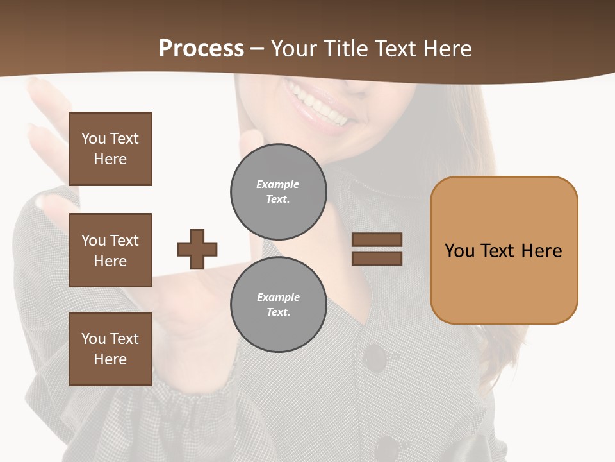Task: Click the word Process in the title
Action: pyautogui.click(x=201, y=49)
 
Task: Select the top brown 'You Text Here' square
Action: pyautogui.click(x=110, y=149)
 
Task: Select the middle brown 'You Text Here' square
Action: pyautogui.click(x=110, y=250)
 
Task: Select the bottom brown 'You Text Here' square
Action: pyautogui.click(x=110, y=349)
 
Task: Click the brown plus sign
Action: pyautogui.click(x=197, y=249)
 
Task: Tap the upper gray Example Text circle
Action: pyautogui.click(x=279, y=192)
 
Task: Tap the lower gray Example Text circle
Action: pyautogui.click(x=279, y=304)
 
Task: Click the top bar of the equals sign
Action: pyautogui.click(x=377, y=239)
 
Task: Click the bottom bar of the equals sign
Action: pyautogui.click(x=377, y=259)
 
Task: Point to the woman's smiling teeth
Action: pyautogui.click(x=320, y=107)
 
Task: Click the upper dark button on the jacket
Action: pyautogui.click(x=374, y=357)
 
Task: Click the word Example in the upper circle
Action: pyautogui.click(x=277, y=184)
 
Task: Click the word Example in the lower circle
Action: pyautogui.click(x=278, y=297)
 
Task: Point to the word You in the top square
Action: pyautogui.click(x=94, y=139)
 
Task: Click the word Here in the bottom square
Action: pyautogui.click(x=110, y=359)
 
